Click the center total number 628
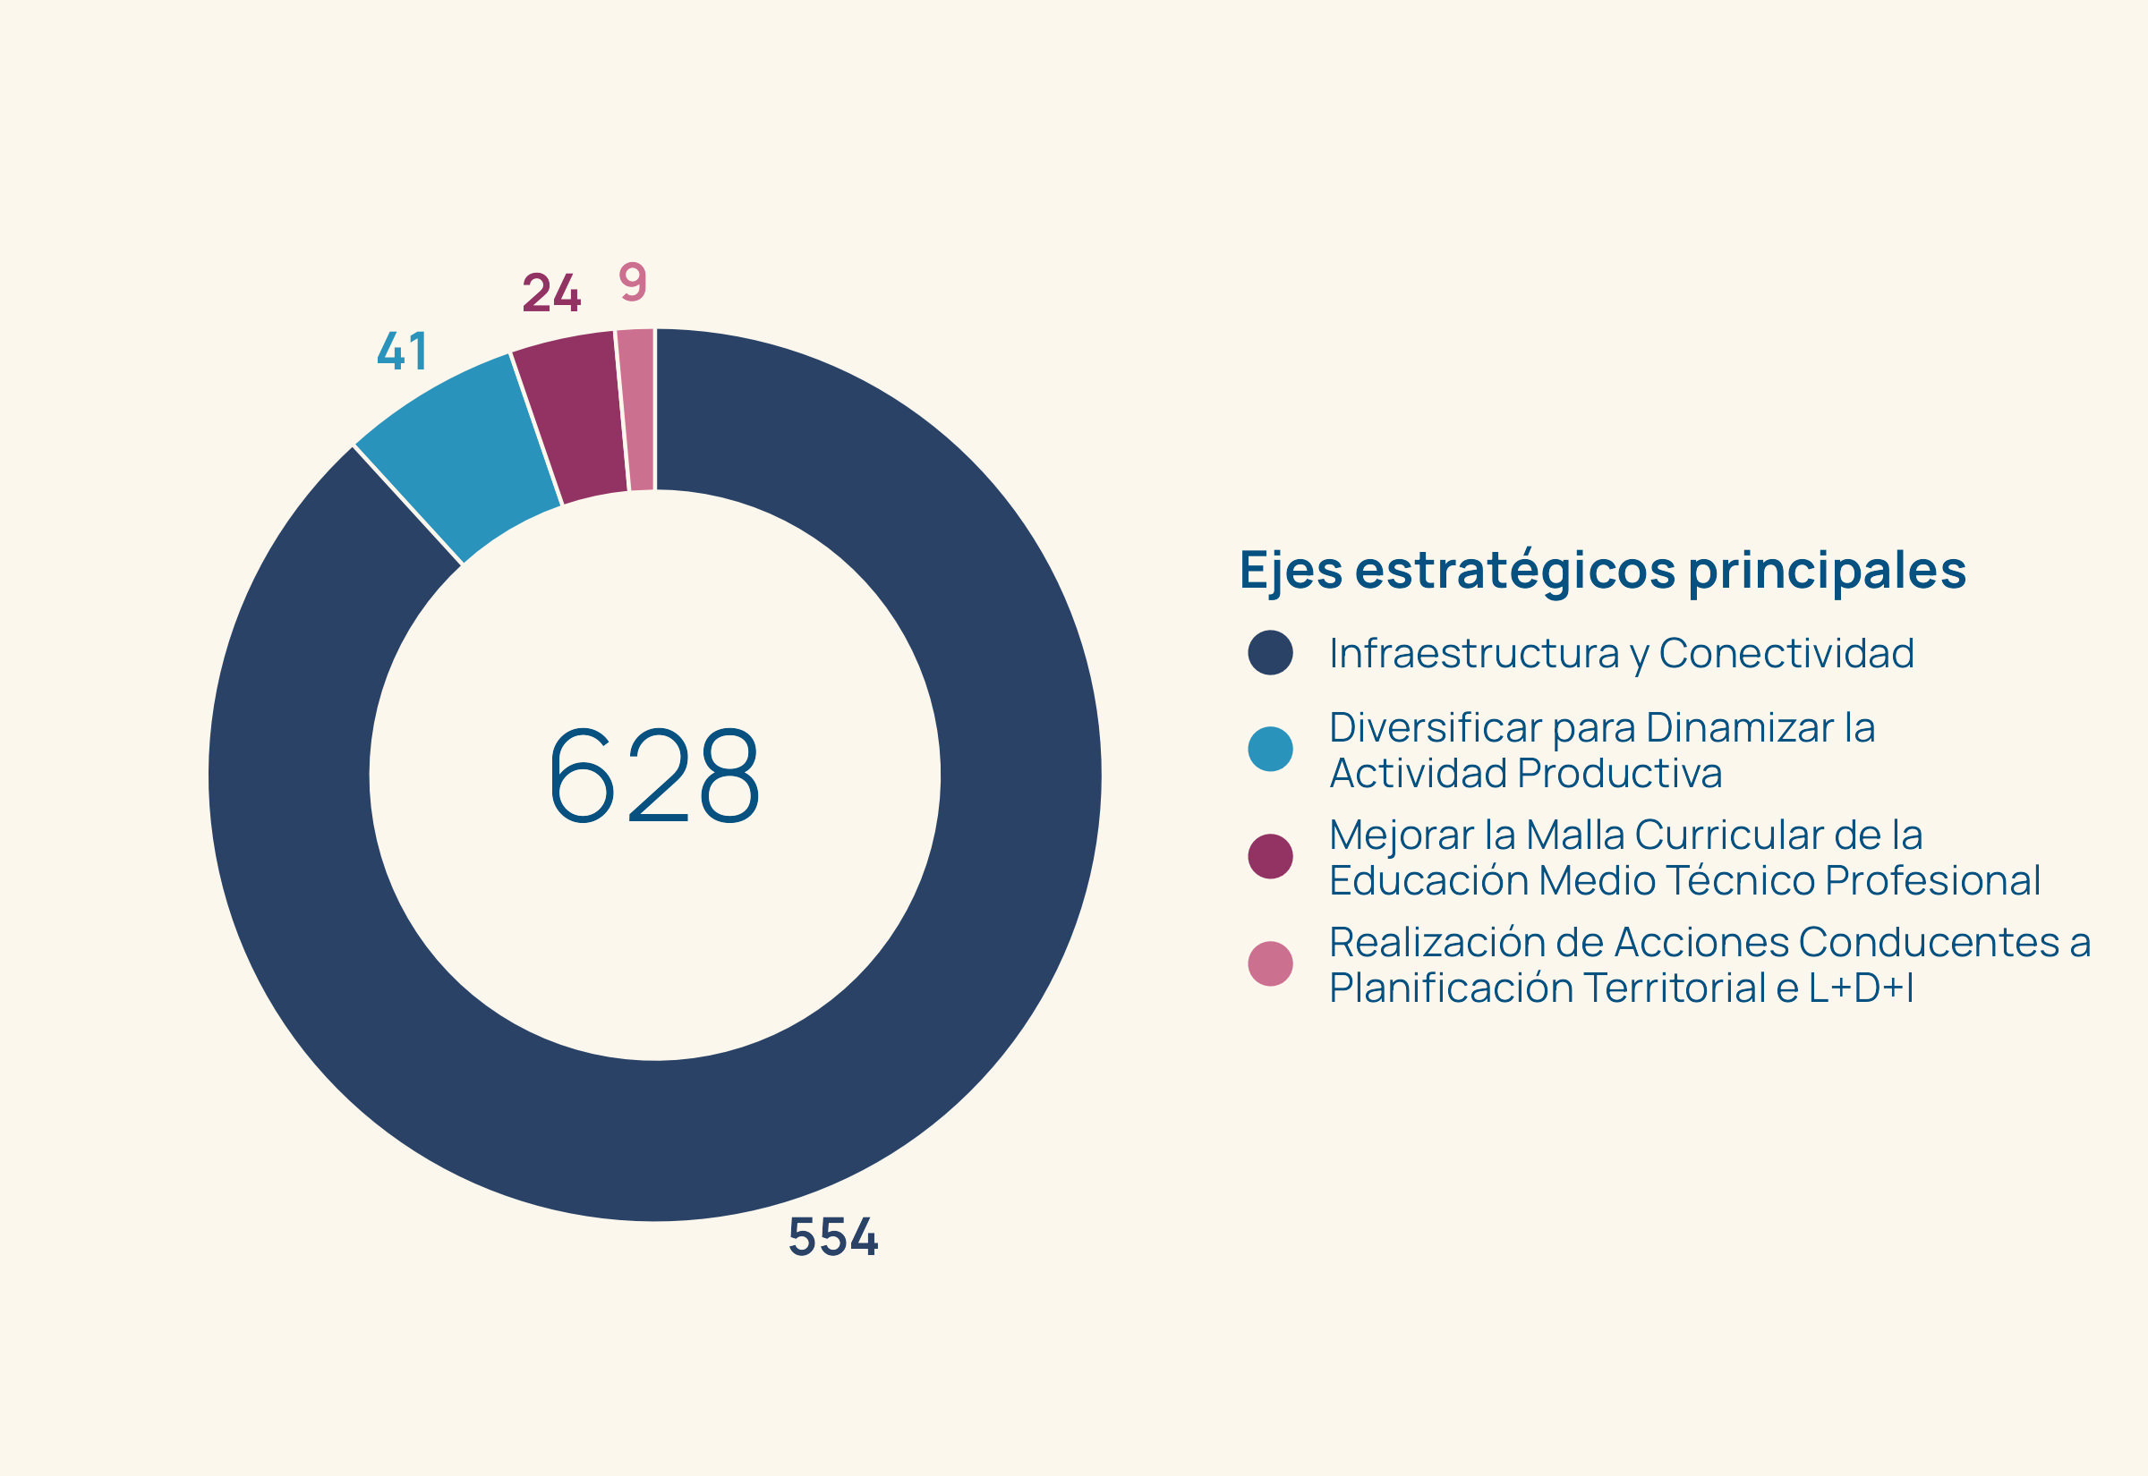click(654, 775)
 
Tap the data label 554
click(832, 1236)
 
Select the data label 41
click(403, 352)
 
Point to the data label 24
click(551, 293)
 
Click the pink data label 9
click(633, 281)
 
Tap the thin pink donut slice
click(638, 410)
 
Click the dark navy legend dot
click(1270, 653)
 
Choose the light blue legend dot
click(1270, 749)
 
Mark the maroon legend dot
click(1270, 856)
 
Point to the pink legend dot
click(1270, 963)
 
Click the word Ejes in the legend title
click(1291, 571)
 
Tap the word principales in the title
click(1827, 571)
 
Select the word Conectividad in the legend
click(1786, 653)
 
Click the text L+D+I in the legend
click(1861, 988)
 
